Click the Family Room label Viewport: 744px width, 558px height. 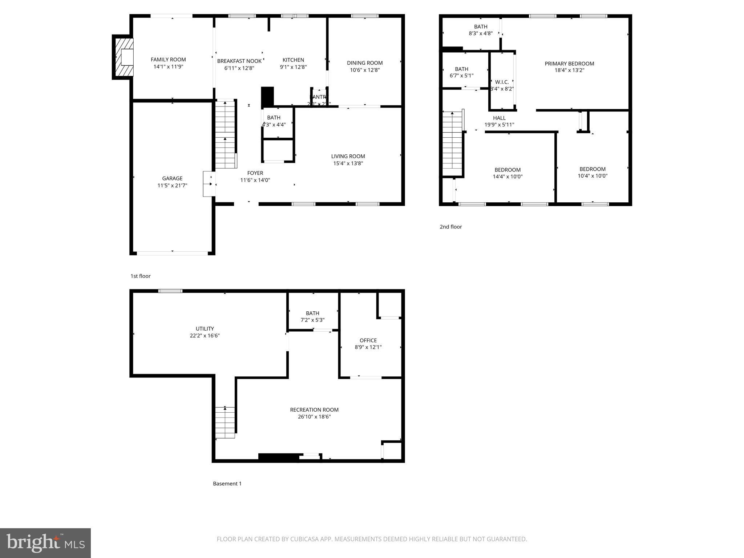point(168,60)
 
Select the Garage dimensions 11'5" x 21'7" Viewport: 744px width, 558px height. point(172,185)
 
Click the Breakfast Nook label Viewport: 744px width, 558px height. point(239,61)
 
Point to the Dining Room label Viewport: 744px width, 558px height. point(365,63)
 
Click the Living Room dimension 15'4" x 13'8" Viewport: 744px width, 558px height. point(348,163)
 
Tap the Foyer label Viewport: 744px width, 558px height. point(255,173)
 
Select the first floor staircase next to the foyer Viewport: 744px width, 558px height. point(225,134)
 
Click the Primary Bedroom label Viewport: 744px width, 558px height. point(569,64)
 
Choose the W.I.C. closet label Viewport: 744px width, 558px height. point(502,82)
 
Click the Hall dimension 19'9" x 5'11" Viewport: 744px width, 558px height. point(499,125)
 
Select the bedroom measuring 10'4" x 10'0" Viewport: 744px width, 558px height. point(593,172)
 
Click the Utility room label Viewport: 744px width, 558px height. point(205,329)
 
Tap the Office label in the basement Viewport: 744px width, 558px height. point(368,340)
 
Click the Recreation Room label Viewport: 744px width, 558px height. point(314,410)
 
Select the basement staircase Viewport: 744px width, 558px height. point(225,422)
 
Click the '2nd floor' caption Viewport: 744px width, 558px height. point(451,227)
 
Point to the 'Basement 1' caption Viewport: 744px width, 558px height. point(227,484)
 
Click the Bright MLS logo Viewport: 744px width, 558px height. point(45,543)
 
